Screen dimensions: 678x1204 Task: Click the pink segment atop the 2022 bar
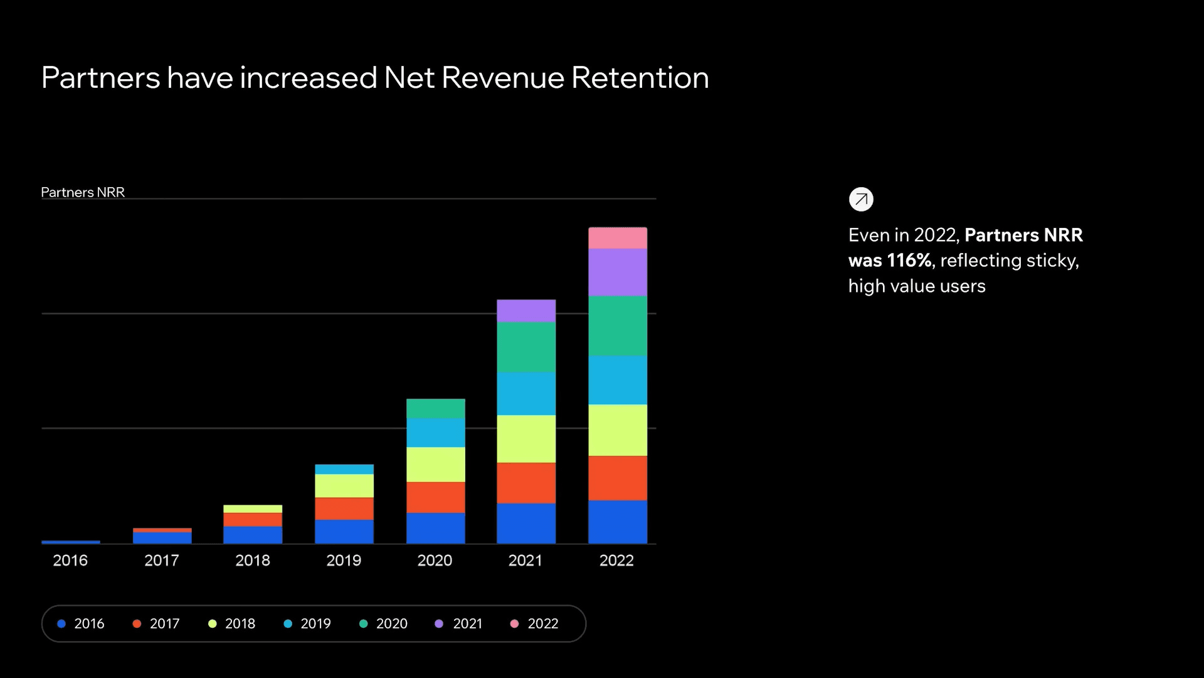pos(618,238)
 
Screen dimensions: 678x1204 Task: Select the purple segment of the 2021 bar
pos(526,311)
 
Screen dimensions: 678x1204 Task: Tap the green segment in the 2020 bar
pos(436,409)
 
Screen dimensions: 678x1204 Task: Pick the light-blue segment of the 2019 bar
pos(344,469)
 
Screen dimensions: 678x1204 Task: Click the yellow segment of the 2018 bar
pos(253,508)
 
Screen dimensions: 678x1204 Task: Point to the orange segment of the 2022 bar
pos(618,478)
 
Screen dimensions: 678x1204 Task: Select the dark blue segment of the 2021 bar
pos(526,523)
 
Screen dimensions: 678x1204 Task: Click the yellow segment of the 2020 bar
pos(436,465)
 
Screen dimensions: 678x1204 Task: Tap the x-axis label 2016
pos(70,561)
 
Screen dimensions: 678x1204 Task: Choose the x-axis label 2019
pos(344,561)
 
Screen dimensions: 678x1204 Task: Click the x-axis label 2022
pos(616,561)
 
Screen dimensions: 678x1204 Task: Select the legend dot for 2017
pos(137,623)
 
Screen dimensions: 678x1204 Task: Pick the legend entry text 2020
pos(392,623)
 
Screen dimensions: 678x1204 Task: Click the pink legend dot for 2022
pos(514,623)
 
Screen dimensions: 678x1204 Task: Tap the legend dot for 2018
pos(213,623)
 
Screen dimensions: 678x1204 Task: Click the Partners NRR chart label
pos(83,192)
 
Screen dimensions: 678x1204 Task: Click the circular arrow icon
pos(861,200)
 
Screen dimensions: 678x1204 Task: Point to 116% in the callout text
pos(909,261)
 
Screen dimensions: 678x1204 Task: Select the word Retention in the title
pos(640,78)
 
